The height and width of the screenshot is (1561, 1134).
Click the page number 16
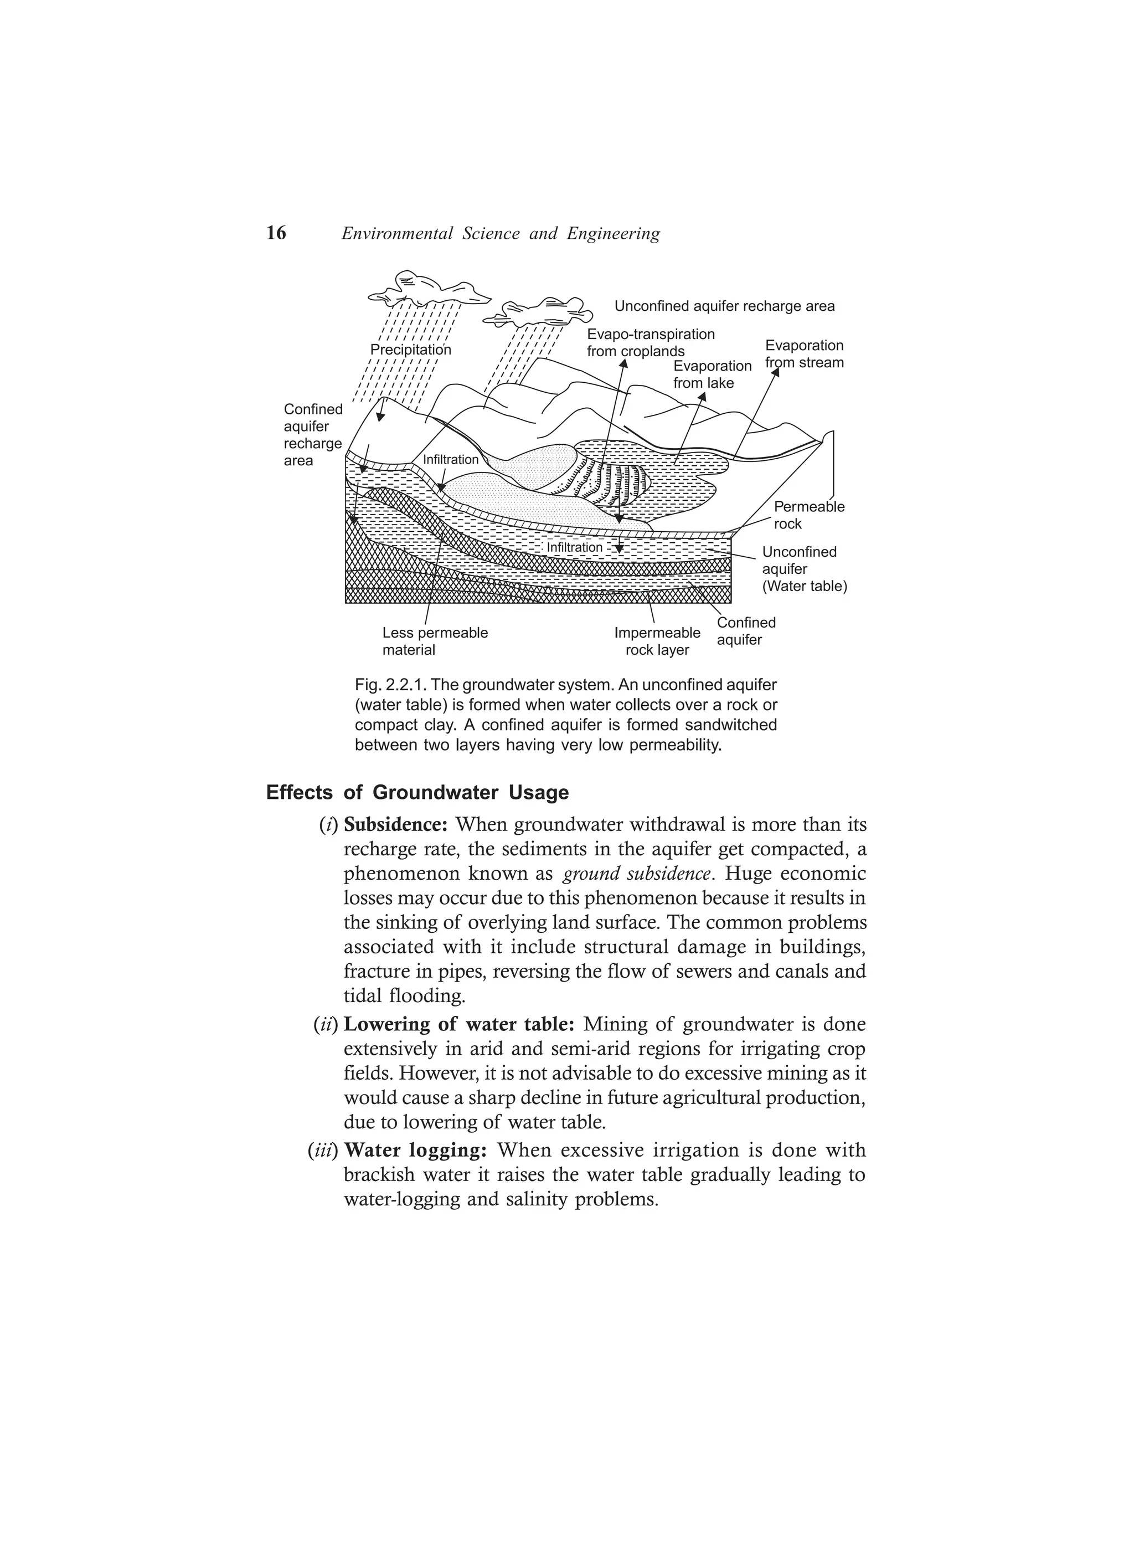pyautogui.click(x=276, y=233)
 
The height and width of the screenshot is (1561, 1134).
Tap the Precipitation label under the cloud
pyautogui.click(x=411, y=350)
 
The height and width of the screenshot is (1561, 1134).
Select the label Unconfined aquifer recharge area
pyautogui.click(x=724, y=306)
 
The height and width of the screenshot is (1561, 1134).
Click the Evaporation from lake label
pyautogui.click(x=712, y=374)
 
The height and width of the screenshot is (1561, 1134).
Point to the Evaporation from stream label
pyautogui.click(x=803, y=354)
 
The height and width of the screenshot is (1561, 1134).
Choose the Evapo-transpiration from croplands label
pyautogui.click(x=650, y=343)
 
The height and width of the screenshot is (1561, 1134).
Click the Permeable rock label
pyautogui.click(x=808, y=515)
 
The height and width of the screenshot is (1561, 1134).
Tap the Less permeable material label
pyautogui.click(x=435, y=641)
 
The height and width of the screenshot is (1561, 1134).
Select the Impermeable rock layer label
pyautogui.click(x=657, y=641)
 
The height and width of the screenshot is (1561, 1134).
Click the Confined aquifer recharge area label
pyautogui.click(x=313, y=435)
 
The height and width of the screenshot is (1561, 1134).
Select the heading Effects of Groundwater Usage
pyautogui.click(x=417, y=792)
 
